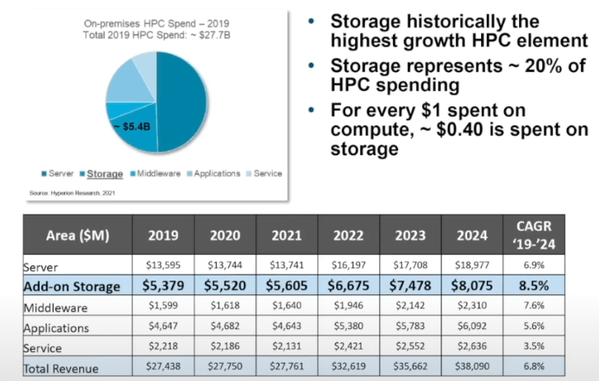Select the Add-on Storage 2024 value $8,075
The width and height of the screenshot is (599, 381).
[472, 285]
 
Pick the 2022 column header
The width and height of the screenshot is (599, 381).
[349, 235]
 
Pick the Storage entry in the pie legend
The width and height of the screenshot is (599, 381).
[105, 174]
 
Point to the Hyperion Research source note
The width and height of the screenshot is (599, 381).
[72, 193]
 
